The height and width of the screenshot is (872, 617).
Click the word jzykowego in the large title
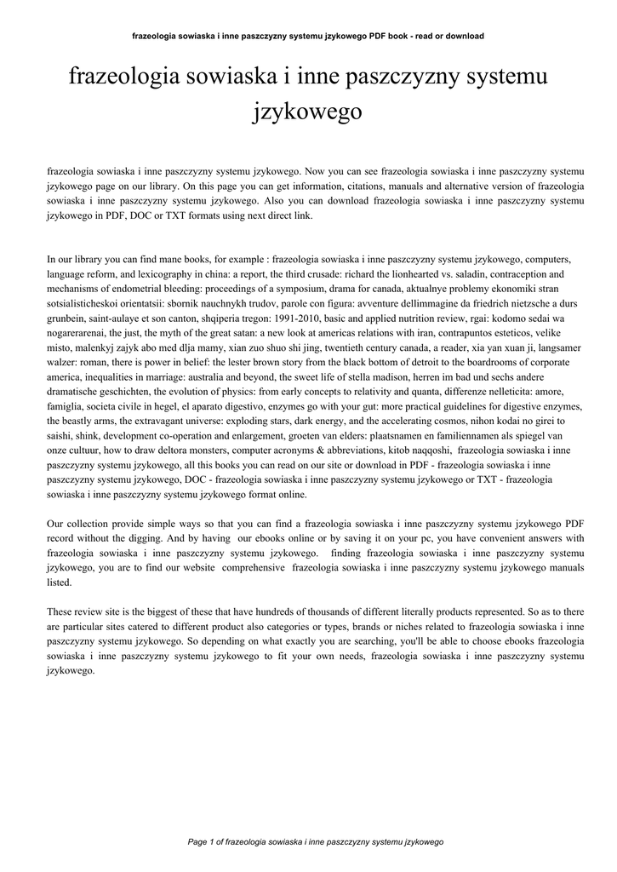pos(308,111)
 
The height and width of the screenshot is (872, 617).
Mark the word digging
pos(150,538)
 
